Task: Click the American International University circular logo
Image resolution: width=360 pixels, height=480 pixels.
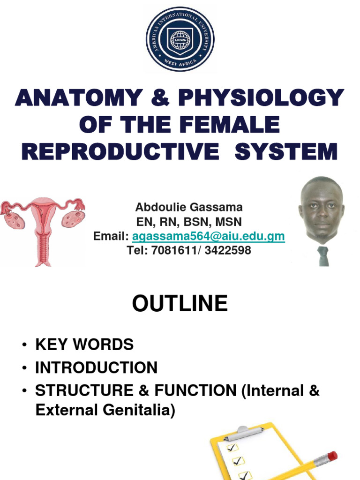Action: [180, 39]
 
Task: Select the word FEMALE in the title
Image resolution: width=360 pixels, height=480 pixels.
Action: [233, 125]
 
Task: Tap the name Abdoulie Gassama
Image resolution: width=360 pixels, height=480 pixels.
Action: [189, 207]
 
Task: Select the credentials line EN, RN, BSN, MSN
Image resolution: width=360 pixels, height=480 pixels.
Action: [189, 221]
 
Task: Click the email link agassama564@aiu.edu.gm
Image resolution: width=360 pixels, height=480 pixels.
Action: [208, 236]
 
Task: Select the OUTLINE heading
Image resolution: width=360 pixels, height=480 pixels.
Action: [180, 304]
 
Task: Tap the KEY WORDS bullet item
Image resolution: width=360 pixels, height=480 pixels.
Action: [84, 345]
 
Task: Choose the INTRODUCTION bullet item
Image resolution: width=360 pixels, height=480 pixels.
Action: [96, 367]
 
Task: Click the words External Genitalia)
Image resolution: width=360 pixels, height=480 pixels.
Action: [105, 411]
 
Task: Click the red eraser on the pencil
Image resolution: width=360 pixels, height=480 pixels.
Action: [332, 456]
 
